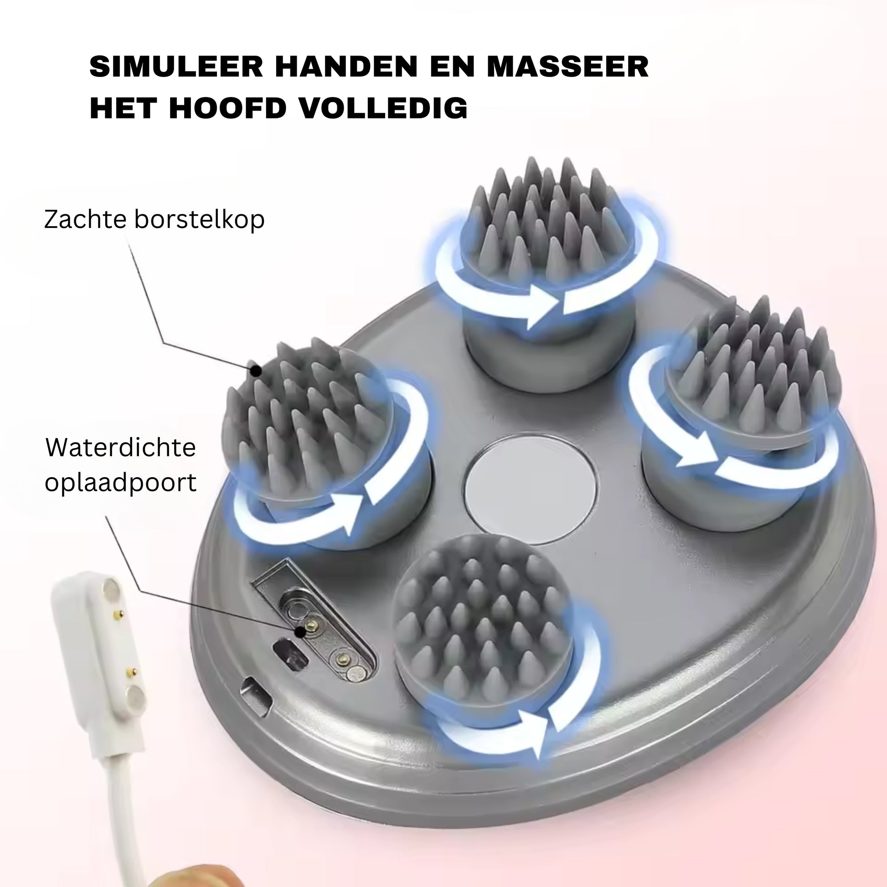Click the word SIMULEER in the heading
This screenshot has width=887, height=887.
pos(176,67)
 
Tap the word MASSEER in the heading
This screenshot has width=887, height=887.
pos(568,67)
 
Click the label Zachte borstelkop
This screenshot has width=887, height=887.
pos(154,219)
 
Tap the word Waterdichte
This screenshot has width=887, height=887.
pos(121,448)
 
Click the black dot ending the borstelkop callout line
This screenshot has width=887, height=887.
pos(256,370)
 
